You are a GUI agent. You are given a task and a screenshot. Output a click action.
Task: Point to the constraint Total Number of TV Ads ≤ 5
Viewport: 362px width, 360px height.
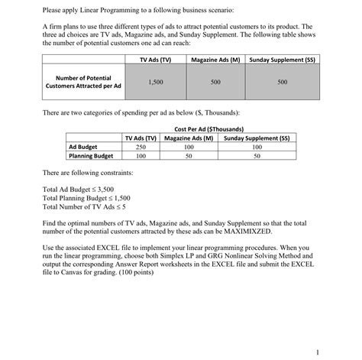87,206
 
